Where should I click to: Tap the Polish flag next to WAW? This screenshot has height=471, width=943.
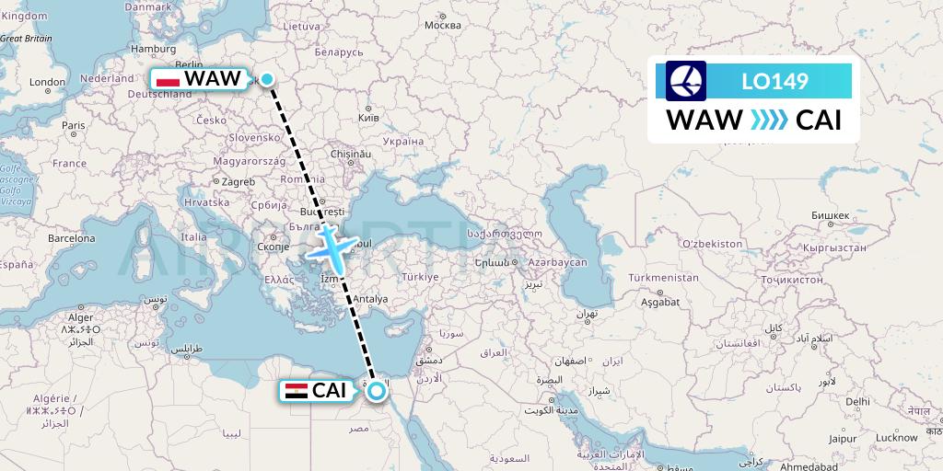(168, 79)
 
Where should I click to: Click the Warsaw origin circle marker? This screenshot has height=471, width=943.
(267, 79)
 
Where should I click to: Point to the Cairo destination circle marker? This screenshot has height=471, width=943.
(376, 392)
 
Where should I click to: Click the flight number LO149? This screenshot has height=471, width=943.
(774, 82)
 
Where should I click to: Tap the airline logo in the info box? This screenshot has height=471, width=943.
(685, 81)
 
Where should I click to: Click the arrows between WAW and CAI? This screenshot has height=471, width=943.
(768, 120)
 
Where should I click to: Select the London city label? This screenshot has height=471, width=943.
(48, 82)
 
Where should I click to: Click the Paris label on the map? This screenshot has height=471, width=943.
(73, 125)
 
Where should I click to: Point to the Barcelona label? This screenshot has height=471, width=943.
(72, 238)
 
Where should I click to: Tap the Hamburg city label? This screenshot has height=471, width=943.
(154, 49)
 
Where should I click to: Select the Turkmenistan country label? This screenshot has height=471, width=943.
(663, 277)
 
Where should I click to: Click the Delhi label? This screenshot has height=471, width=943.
(857, 401)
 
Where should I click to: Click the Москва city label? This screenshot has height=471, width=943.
(443, 25)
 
